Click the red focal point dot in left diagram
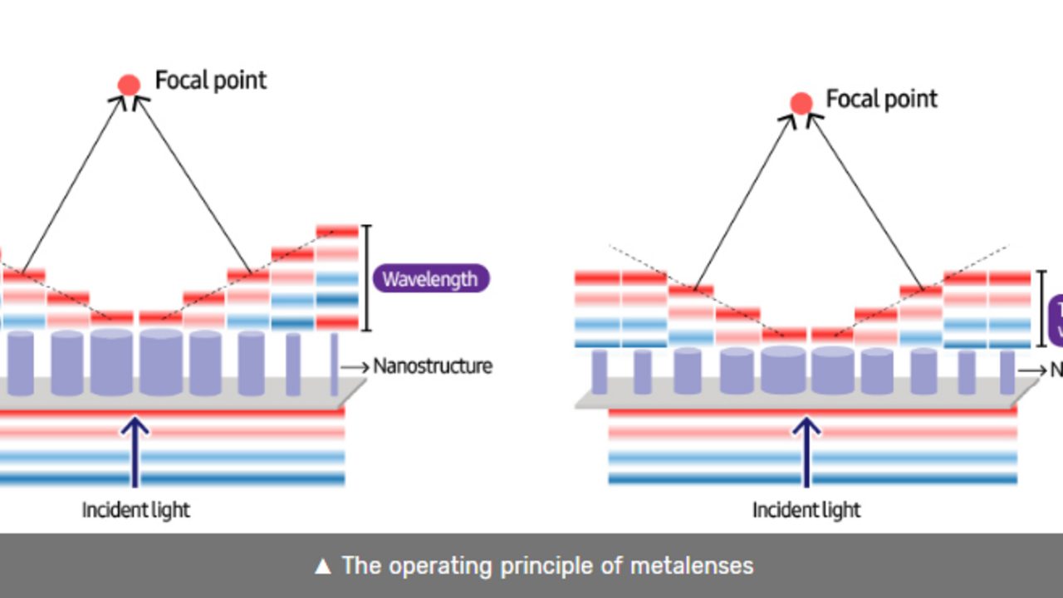129,85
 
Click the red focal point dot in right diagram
801,104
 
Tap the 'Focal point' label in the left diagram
211,81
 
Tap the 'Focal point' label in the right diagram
881,100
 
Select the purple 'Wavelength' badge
430,279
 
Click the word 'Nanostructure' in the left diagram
433,366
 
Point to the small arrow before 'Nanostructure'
355,366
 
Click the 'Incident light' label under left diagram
135,509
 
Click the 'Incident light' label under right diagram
806,509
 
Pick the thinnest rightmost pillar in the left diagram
334,364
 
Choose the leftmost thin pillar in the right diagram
599,372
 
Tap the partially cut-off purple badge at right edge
1056,320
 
